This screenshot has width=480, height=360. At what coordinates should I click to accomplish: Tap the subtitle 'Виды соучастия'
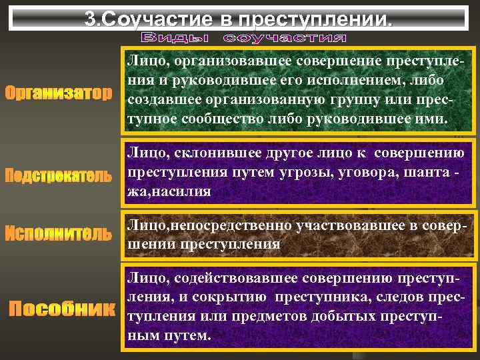click(x=244, y=36)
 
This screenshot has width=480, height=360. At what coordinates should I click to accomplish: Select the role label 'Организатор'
click(x=59, y=93)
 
